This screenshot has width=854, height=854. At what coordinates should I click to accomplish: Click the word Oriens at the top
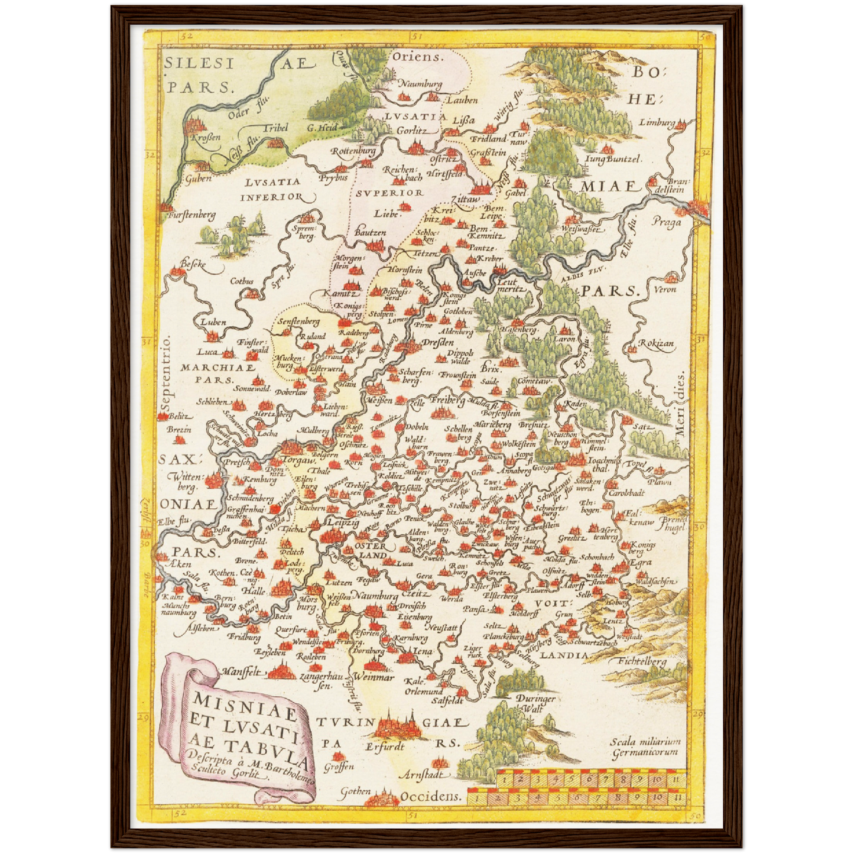click(x=418, y=57)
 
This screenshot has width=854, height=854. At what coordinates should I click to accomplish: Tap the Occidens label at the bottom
click(x=431, y=796)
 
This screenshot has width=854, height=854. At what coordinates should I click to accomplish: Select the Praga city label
click(x=667, y=222)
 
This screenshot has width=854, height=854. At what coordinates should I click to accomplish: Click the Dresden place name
click(x=438, y=343)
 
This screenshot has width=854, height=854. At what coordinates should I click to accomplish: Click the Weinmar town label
click(x=374, y=677)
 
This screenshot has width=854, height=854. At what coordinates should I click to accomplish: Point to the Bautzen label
click(x=371, y=233)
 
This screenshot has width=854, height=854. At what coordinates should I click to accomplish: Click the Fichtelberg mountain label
click(x=642, y=661)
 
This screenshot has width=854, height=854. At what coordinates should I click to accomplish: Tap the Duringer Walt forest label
click(x=535, y=703)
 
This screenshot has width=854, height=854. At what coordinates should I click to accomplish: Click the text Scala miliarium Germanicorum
click(x=645, y=747)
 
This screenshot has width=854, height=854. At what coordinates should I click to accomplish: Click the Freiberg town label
click(x=447, y=401)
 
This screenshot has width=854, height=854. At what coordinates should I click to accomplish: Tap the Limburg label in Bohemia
click(x=657, y=123)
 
